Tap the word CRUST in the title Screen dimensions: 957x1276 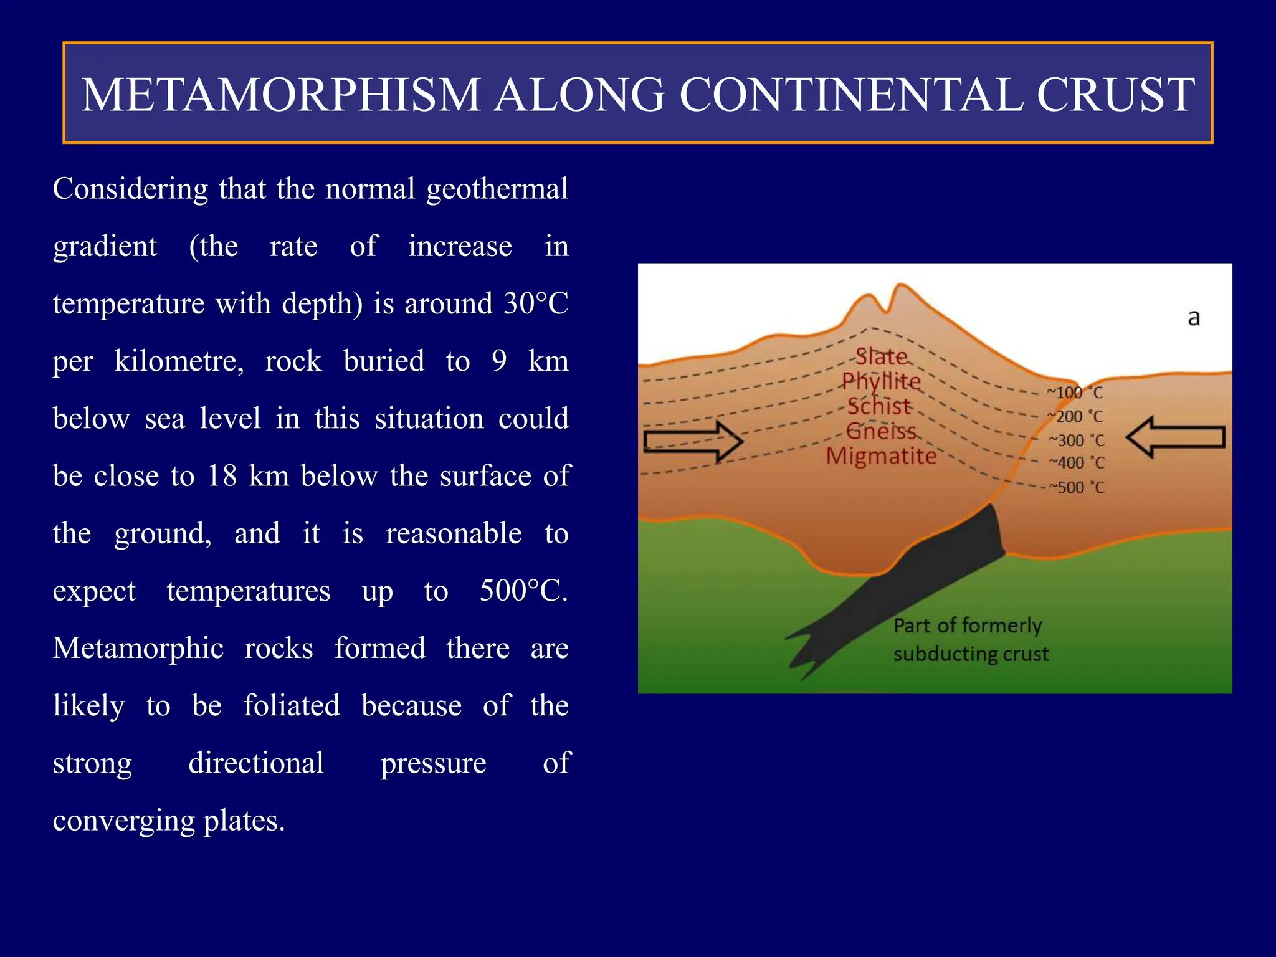1115,95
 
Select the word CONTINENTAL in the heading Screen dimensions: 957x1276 850,95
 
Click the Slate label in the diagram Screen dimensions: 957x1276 881,356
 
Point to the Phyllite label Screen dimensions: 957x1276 881,381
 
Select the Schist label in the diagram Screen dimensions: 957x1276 879,406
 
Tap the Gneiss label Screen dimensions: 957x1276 881,431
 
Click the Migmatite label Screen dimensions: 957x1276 881,456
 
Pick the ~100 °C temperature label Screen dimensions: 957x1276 1075,393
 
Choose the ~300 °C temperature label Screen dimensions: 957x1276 1076,440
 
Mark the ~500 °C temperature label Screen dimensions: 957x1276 1076,487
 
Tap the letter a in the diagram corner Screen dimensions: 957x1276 1193,318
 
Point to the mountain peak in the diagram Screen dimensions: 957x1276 900,288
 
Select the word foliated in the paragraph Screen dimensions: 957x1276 292,706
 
